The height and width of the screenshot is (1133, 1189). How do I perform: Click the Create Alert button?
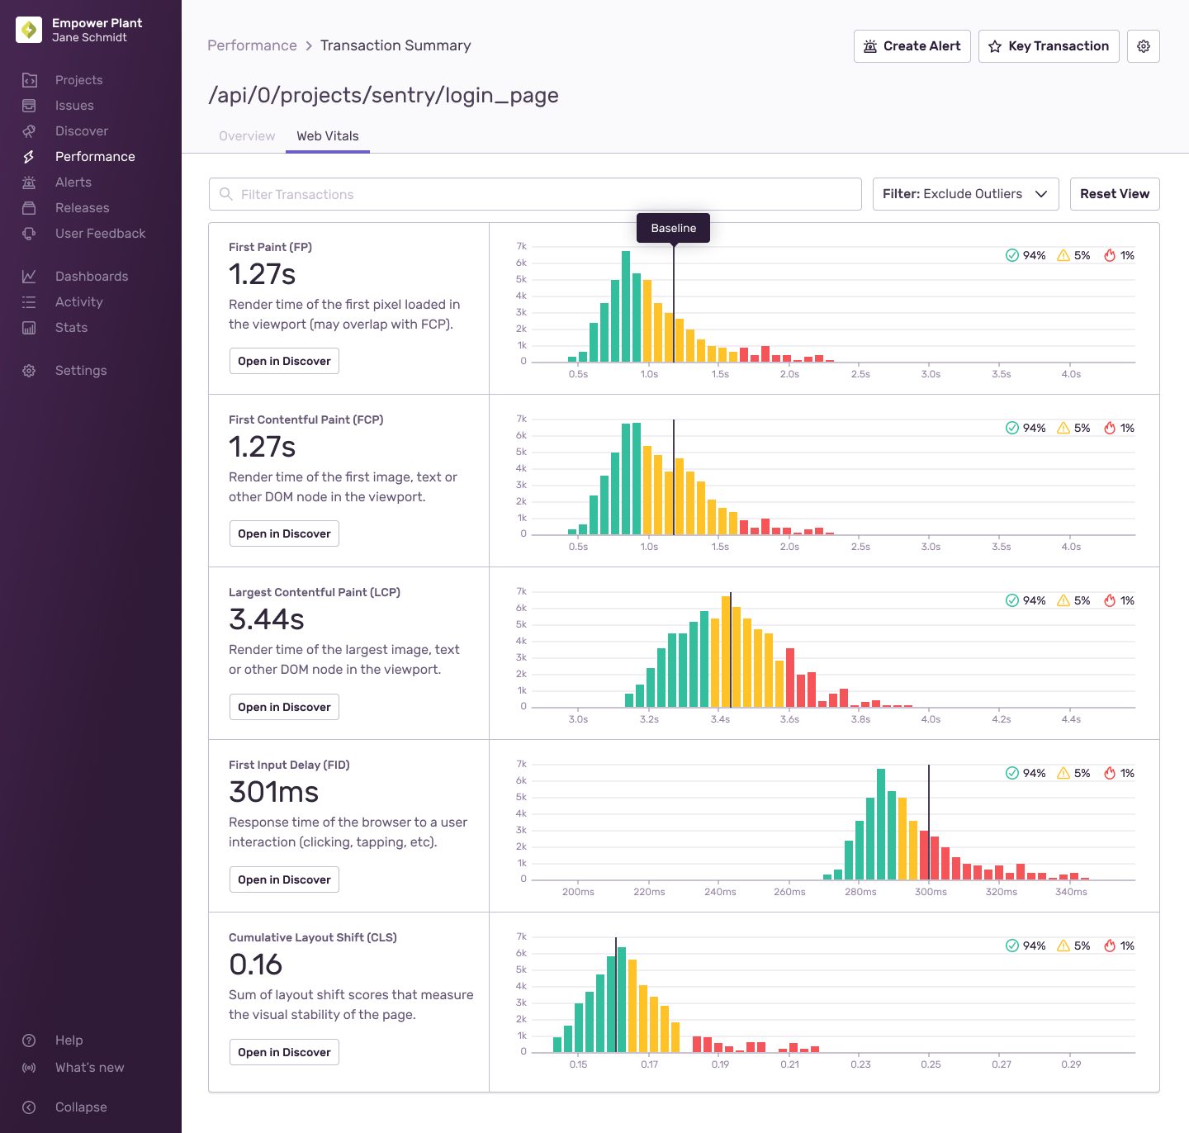pos(912,46)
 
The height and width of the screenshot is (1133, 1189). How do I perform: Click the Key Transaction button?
pos(1049,46)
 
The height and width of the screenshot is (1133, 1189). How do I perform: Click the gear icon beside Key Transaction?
pos(1144,46)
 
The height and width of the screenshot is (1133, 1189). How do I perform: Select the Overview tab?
pos(247,136)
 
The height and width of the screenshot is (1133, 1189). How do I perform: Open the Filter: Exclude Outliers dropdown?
pos(965,194)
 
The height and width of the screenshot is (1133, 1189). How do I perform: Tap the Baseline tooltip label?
pos(673,228)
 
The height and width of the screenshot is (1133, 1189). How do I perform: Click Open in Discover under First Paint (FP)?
pos(284,361)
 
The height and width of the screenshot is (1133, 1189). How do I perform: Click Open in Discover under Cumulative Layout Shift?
pos(284,1052)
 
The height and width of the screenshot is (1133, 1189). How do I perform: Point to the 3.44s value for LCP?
pos(267,619)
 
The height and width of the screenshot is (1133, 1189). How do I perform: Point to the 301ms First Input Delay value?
pos(274,792)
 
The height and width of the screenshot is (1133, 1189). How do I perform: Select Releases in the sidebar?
pos(82,208)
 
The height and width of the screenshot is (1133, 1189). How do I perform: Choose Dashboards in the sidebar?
pos(91,277)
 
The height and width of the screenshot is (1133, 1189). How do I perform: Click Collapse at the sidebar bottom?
pos(81,1107)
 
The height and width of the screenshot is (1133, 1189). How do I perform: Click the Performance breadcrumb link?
pos(252,45)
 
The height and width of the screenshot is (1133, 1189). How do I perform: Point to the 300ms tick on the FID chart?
pos(931,892)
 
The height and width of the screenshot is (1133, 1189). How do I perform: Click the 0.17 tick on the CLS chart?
pos(649,1064)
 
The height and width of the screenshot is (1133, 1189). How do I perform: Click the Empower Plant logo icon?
pos(29,30)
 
